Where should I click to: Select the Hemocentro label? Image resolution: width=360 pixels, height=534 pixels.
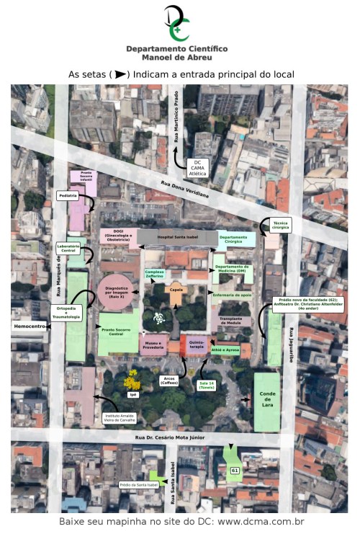30,326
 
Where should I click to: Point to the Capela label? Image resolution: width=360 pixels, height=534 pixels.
175,290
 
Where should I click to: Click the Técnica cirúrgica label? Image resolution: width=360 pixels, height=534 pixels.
281,226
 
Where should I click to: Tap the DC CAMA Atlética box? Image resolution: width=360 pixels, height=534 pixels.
197,167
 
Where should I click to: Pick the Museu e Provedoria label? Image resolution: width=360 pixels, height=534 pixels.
153,347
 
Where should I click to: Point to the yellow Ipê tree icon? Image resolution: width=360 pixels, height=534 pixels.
132,378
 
